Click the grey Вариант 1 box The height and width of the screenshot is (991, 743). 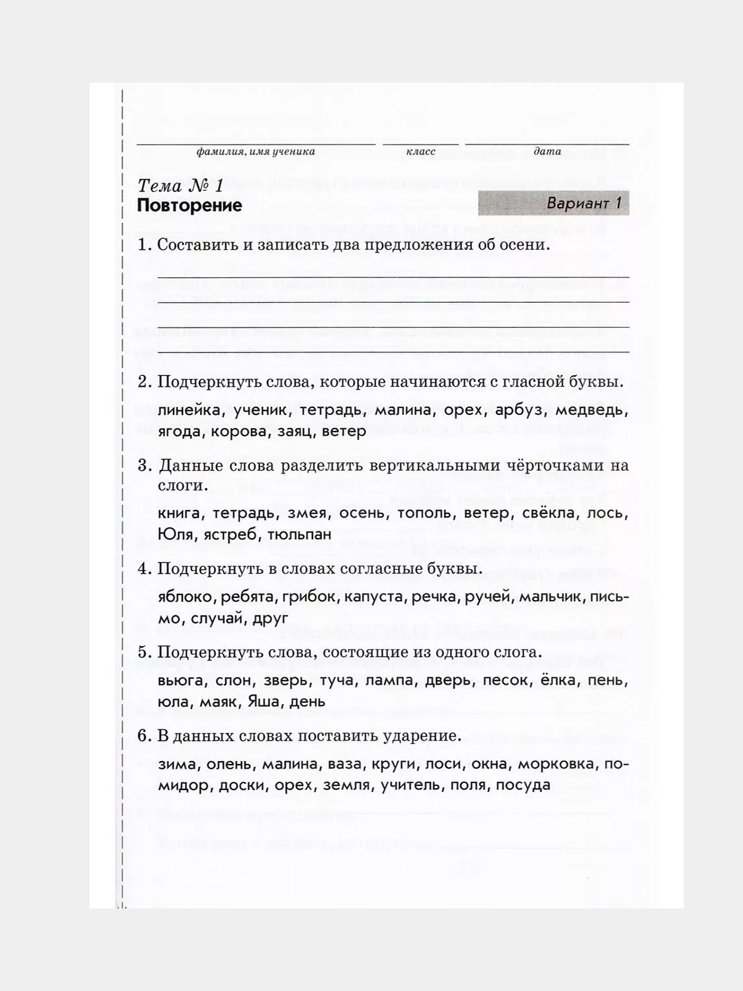(553, 204)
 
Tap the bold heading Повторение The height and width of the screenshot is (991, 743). (189, 206)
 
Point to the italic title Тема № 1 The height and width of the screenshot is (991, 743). (181, 186)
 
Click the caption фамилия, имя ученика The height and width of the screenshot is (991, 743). (255, 151)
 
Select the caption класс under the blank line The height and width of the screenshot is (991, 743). (420, 151)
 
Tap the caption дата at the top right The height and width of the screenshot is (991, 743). (547, 151)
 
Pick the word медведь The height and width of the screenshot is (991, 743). (592, 410)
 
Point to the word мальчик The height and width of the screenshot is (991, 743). (550, 597)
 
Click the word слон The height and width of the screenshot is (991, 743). (235, 681)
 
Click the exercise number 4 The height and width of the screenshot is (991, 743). (144, 569)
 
